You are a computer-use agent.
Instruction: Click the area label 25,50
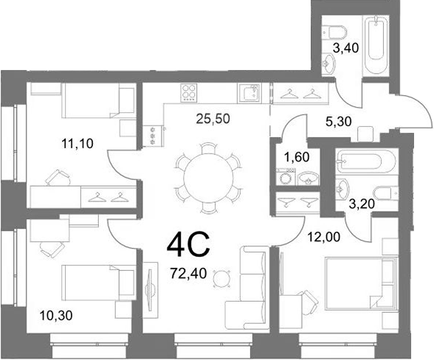(x=213, y=119)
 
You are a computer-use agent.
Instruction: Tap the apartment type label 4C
(x=189, y=245)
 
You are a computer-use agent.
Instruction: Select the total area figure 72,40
(x=189, y=274)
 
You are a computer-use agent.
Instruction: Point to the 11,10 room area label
(x=77, y=144)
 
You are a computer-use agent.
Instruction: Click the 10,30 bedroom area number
(x=56, y=315)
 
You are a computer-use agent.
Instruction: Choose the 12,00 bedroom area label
(x=324, y=237)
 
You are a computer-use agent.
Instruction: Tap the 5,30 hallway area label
(x=339, y=121)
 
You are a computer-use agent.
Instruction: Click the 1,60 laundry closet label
(x=297, y=157)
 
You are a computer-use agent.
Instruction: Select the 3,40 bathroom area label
(x=345, y=48)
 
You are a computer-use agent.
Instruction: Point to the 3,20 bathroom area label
(x=362, y=204)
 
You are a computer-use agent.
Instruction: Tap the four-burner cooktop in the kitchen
(x=188, y=92)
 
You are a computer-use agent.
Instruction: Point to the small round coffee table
(x=222, y=277)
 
